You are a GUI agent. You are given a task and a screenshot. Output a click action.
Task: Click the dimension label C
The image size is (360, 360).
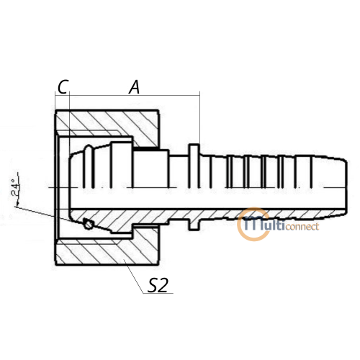point(63,86)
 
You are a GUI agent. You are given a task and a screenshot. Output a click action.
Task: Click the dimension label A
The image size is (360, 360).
point(135,87)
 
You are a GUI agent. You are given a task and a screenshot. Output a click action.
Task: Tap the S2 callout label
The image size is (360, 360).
point(158,285)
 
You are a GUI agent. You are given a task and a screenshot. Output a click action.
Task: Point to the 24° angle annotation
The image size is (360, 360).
point(15,188)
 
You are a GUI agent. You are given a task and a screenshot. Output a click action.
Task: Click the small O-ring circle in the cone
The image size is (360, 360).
point(89,225)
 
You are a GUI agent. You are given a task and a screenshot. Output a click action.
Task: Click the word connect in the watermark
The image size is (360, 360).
point(302,226)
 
